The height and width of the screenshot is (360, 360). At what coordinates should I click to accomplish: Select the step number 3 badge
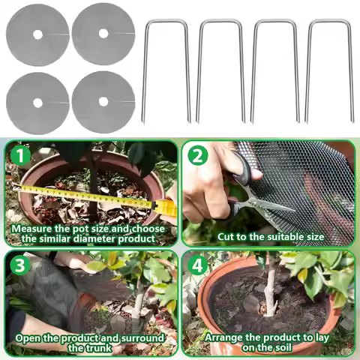pos(19,265)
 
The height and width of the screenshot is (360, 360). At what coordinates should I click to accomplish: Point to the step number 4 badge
pos(198,265)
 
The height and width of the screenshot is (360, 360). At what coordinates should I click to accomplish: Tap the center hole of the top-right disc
pos(103,34)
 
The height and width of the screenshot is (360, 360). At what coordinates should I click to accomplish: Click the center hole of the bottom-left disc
pos(37,101)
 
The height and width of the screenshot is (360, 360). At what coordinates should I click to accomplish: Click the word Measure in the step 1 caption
pos(34,227)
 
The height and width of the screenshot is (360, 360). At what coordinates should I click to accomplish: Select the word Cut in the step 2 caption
pos(227,236)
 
